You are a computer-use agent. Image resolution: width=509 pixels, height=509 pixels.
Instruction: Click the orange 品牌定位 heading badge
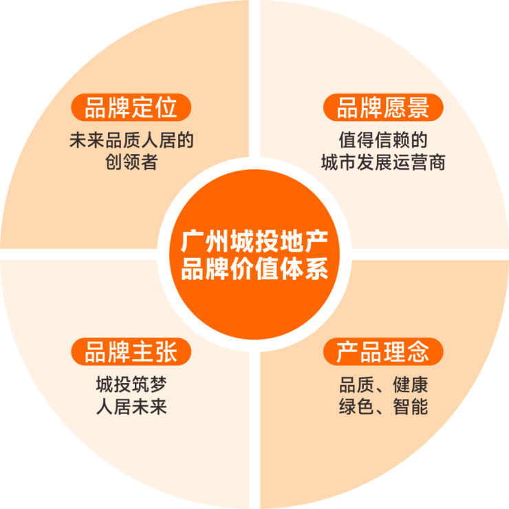131,108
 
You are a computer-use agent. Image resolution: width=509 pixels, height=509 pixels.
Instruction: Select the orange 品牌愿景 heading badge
383,108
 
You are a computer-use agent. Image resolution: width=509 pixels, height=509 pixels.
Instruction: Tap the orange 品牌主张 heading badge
131,352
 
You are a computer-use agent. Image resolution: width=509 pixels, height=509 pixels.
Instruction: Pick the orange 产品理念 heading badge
383,352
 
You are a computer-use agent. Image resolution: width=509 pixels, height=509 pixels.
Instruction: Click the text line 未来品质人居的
131,141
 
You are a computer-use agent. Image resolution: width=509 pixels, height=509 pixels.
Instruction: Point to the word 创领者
131,163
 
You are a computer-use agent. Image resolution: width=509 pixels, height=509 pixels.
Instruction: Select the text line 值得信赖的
383,141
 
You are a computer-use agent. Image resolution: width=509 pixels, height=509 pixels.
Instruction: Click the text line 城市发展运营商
383,163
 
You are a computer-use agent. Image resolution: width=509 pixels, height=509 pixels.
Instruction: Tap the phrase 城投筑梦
131,385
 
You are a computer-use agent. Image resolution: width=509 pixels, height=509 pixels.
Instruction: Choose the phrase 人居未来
131,407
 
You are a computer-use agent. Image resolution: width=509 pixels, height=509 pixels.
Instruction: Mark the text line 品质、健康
383,385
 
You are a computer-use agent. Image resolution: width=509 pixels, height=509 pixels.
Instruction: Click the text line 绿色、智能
383,407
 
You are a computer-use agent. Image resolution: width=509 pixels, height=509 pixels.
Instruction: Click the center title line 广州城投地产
254,242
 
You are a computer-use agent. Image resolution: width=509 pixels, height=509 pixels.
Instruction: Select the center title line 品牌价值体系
254,268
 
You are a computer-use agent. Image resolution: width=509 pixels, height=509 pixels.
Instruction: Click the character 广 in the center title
192,242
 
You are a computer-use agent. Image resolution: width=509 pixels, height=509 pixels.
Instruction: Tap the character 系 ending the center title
316,268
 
